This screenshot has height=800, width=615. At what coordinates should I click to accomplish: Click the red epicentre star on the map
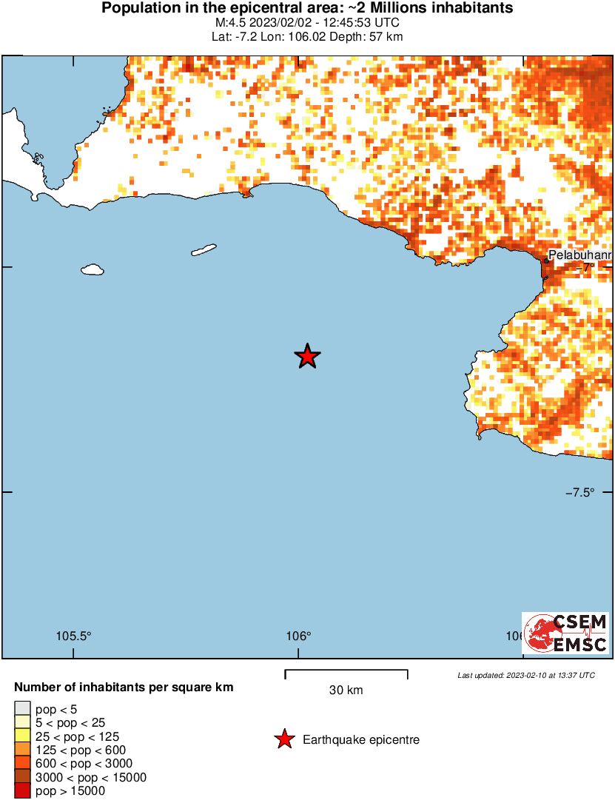coord(307,357)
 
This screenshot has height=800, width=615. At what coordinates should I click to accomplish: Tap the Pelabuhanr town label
coord(579,256)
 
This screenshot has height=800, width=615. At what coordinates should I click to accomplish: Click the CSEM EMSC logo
coord(566,633)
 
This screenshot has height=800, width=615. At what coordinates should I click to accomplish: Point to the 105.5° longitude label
coord(74,636)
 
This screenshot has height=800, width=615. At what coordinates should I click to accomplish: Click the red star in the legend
coord(283,739)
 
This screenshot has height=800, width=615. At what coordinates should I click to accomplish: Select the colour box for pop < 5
coord(23,709)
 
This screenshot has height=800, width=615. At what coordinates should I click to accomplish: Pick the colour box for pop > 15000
coord(23,791)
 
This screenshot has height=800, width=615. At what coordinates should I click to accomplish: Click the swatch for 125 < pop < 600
coord(23,750)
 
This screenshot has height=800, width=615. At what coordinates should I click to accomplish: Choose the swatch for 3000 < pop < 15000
coord(23,778)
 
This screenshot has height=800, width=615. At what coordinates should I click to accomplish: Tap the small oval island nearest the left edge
coord(92,270)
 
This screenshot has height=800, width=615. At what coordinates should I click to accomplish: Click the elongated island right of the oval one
coord(204,250)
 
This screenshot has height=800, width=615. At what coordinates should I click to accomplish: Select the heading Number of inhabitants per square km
coord(124,688)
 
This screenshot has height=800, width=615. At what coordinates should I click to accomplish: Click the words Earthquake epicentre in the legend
coord(361,739)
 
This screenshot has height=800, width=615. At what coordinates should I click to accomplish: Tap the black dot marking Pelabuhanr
coord(546,260)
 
